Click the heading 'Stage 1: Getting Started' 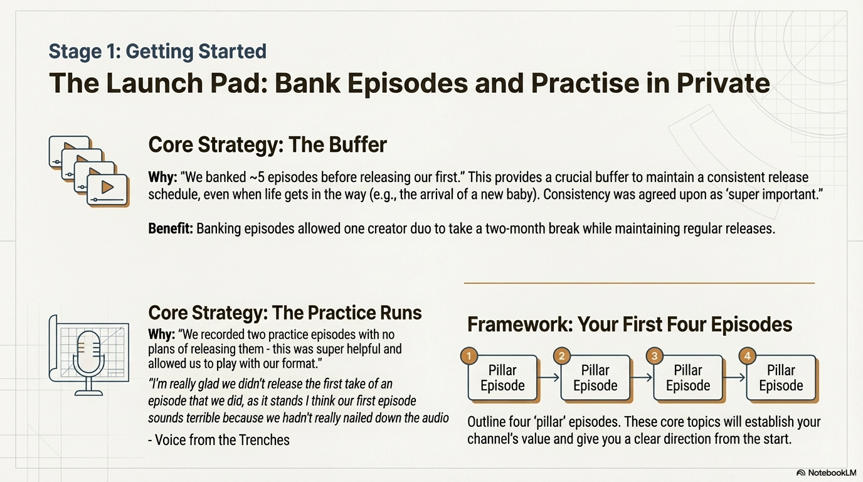(x=157, y=51)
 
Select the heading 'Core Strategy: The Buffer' (x=267, y=144)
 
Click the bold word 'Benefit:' (x=171, y=228)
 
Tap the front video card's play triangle (x=107, y=188)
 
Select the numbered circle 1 (x=469, y=356)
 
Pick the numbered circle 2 (x=562, y=356)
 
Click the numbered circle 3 (x=655, y=356)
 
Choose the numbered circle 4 (x=748, y=356)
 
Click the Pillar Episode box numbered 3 (x=688, y=378)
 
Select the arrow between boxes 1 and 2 (x=548, y=377)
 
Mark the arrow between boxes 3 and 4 (x=734, y=377)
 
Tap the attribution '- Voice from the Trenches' (x=219, y=440)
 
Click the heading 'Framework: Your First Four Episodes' (x=630, y=324)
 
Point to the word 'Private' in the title (x=723, y=83)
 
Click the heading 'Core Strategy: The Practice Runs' (x=285, y=313)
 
